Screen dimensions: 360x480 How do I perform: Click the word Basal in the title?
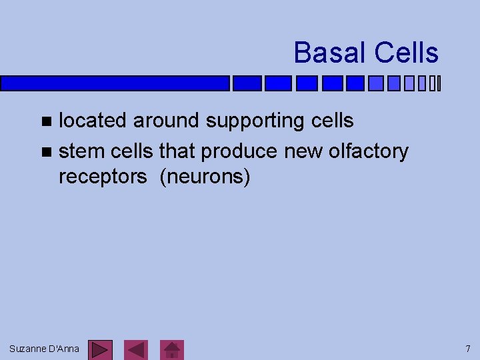(330, 53)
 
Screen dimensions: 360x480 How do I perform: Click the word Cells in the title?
(406, 53)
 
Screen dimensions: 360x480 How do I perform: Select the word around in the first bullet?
(167, 121)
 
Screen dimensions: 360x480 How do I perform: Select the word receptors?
(103, 178)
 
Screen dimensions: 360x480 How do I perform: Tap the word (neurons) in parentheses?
(205, 178)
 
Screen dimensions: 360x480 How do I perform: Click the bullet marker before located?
(45, 121)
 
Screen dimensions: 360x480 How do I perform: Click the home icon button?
(173, 349)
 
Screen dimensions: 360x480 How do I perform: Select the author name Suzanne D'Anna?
(44, 349)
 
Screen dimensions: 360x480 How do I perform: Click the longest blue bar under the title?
(115, 83)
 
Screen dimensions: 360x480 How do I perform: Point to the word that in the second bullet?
(178, 152)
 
